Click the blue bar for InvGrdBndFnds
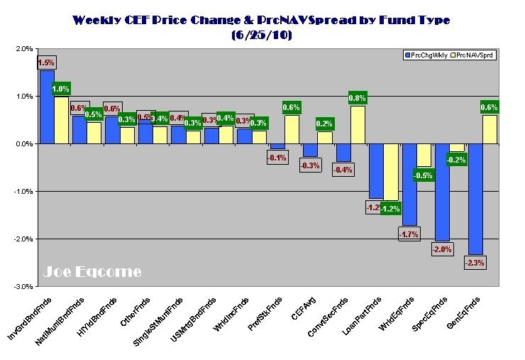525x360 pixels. [x=47, y=107]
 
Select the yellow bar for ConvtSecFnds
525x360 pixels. [x=358, y=125]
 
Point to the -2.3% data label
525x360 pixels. [x=475, y=263]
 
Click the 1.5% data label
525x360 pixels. [x=47, y=62]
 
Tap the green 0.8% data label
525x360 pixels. [x=358, y=98]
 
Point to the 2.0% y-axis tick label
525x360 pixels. [x=22, y=49]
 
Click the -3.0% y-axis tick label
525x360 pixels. [x=21, y=286]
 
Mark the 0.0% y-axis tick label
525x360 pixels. [x=22, y=144]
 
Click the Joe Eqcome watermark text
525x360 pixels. [x=92, y=272]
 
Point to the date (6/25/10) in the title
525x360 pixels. [x=262, y=35]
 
